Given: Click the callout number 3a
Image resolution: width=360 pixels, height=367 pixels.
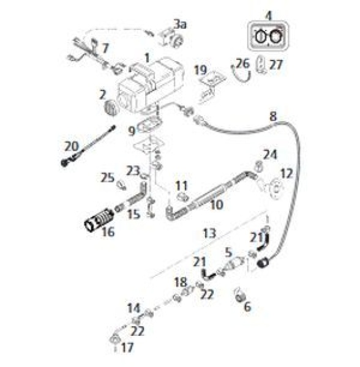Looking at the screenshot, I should [x=180, y=24].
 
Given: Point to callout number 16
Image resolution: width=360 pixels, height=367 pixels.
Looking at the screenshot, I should [x=108, y=232].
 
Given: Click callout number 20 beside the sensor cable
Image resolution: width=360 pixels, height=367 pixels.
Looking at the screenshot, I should [x=71, y=146].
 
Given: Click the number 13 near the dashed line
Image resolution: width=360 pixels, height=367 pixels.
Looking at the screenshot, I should [x=209, y=234].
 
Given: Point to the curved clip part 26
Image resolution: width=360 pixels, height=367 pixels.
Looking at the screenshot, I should [x=243, y=77].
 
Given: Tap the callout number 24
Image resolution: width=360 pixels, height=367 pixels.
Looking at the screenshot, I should [x=270, y=154].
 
